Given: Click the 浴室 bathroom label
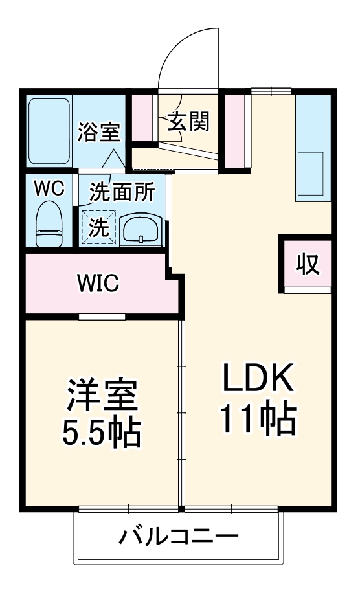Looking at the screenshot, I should (x=99, y=132).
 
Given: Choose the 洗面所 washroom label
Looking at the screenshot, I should (x=121, y=192).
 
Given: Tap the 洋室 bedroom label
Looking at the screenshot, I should (x=102, y=396).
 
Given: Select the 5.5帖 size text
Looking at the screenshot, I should (x=101, y=434).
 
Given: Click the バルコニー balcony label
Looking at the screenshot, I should (x=179, y=537).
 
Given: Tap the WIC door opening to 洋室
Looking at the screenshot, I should (x=102, y=317).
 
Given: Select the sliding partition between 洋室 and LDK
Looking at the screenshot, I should (x=181, y=414).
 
